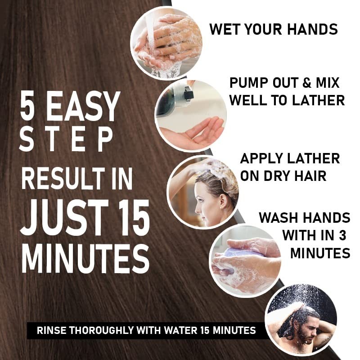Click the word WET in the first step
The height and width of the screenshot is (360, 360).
pyautogui.click(x=224, y=30)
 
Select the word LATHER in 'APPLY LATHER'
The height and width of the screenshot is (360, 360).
pyautogui.click(x=313, y=158)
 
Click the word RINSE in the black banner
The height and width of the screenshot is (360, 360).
pyautogui.click(x=51, y=331)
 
